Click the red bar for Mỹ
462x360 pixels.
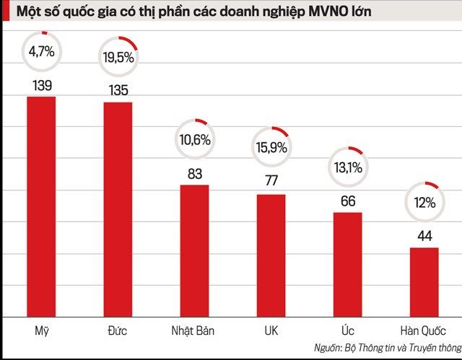coord(41,206)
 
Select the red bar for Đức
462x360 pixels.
coord(118,208)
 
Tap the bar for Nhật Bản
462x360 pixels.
coord(194,250)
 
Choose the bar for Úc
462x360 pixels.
coord(347,263)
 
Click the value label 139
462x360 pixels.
coord(41,84)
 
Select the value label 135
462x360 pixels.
coord(118,90)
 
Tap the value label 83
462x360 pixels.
coord(195,173)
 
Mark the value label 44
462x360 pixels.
coord(424,235)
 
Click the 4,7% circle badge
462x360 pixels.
coord(41,51)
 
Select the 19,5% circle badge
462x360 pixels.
coord(118,56)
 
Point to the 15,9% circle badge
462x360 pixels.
coord(271,147)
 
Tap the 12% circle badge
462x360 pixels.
coord(424,202)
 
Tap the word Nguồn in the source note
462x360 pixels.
coord(328,348)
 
